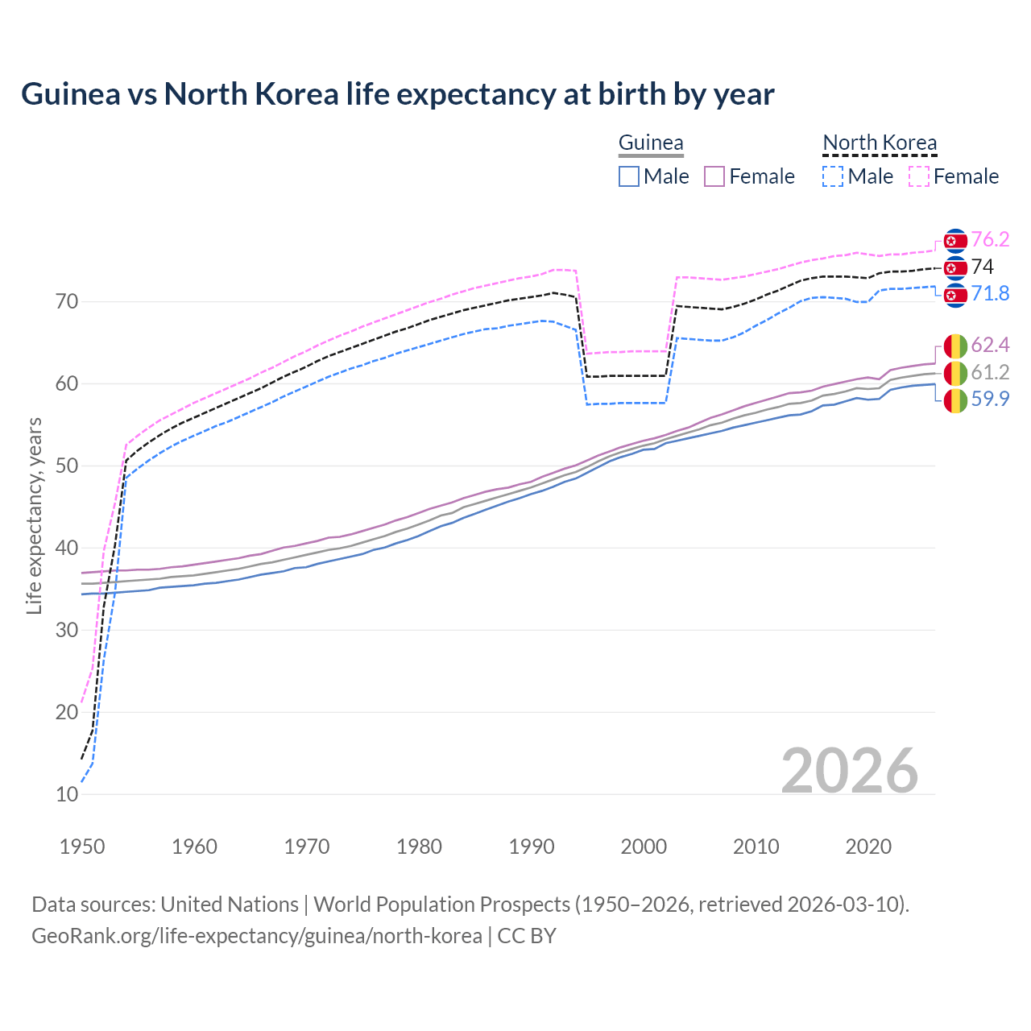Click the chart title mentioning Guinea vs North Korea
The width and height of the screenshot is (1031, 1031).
click(397, 94)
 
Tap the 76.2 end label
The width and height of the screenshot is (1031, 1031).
click(990, 240)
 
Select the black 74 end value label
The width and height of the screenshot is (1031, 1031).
click(983, 267)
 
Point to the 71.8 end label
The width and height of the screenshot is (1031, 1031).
click(990, 294)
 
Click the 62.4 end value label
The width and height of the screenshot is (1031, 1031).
click(990, 346)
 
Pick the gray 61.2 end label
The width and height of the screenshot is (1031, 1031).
click(990, 372)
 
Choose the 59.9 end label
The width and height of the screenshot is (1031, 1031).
click(990, 399)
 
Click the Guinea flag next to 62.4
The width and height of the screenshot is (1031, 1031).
click(955, 346)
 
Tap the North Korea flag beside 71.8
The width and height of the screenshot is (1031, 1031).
click(955, 295)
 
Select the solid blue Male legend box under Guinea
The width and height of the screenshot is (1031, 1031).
click(629, 176)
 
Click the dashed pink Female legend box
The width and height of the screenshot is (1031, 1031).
click(919, 176)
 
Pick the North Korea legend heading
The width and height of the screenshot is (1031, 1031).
click(880, 143)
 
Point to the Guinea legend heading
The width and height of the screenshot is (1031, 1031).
click(651, 143)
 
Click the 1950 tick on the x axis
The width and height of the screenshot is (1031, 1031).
click(82, 847)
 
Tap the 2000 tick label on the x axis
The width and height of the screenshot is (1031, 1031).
click(644, 847)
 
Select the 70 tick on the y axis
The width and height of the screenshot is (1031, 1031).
click(67, 302)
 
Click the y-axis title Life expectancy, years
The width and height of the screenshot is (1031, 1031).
click(35, 515)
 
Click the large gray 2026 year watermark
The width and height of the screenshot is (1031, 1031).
click(850, 771)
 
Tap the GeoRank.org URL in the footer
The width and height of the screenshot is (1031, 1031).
click(256, 936)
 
